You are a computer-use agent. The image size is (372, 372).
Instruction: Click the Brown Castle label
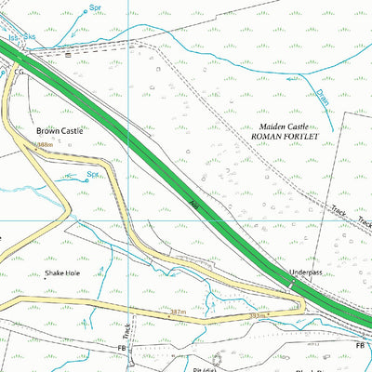click(60, 132)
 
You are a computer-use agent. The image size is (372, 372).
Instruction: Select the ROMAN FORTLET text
click(286, 136)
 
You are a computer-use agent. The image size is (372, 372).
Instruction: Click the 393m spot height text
click(235, 316)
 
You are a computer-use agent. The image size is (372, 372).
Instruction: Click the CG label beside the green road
click(18, 71)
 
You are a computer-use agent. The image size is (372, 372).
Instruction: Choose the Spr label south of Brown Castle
click(92, 173)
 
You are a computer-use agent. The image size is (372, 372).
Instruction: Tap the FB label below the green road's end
click(360, 346)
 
